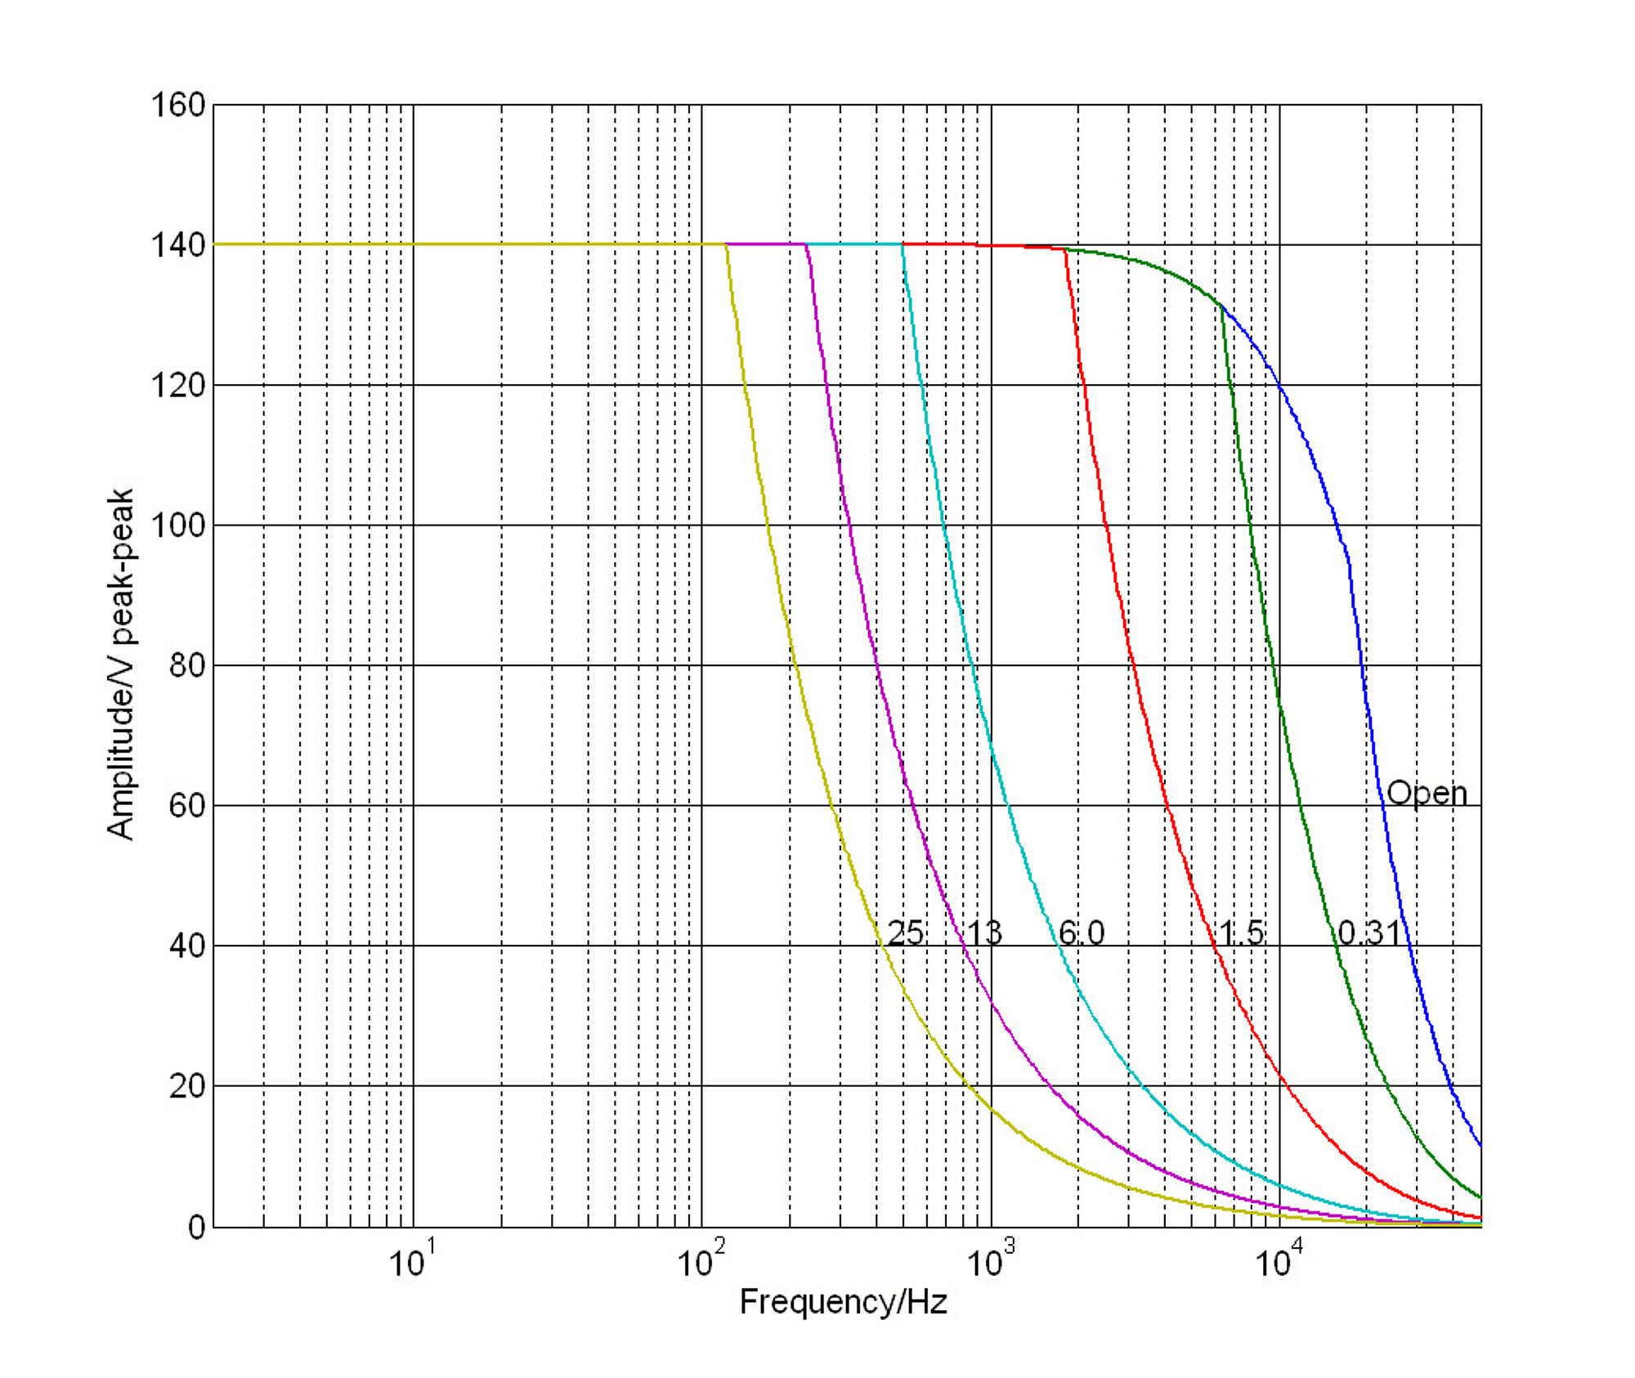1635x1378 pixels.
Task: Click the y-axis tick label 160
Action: [x=177, y=105]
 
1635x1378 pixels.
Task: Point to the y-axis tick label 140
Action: [x=177, y=245]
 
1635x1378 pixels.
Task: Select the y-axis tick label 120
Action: [x=177, y=386]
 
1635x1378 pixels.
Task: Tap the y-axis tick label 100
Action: [x=177, y=526]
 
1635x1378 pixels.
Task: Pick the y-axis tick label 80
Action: [x=187, y=666]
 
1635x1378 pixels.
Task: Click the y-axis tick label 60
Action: [x=187, y=806]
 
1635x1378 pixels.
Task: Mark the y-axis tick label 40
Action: [x=187, y=946]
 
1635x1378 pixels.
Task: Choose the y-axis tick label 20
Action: [x=187, y=1086]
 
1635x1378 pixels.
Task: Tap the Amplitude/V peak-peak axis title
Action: [x=120, y=664]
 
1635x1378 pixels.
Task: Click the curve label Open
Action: [x=1427, y=794]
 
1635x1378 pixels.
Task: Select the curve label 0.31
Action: [x=1368, y=933]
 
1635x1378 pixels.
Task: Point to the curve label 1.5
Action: [x=1241, y=933]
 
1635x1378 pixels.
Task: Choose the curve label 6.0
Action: [x=1081, y=933]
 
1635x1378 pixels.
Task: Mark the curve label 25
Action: [x=905, y=933]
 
